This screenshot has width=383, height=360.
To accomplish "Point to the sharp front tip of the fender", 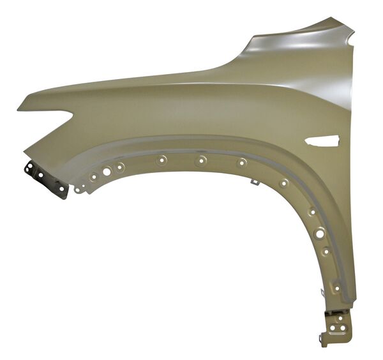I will click(x=20, y=107).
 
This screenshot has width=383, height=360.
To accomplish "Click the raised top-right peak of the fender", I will click(x=342, y=23).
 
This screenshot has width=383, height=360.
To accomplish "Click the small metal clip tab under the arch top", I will click(x=253, y=184).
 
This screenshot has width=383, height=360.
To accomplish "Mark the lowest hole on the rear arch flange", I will click(x=337, y=289).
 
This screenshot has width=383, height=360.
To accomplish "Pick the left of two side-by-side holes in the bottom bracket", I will click(x=333, y=328).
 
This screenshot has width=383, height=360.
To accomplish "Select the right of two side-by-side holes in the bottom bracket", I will click(x=343, y=328).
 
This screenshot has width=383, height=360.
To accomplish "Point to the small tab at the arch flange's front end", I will click(x=78, y=190).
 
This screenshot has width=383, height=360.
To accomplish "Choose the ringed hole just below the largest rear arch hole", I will click(x=326, y=251).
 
